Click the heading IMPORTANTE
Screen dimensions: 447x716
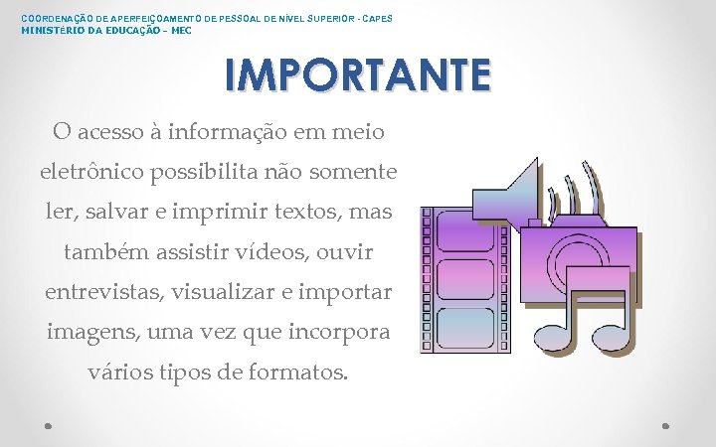[x=357, y=75]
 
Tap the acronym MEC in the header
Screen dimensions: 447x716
[x=182, y=31]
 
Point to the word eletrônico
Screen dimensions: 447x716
[x=92, y=172]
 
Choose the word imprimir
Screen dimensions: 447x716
[x=244, y=213]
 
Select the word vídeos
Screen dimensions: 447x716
[x=274, y=252]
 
